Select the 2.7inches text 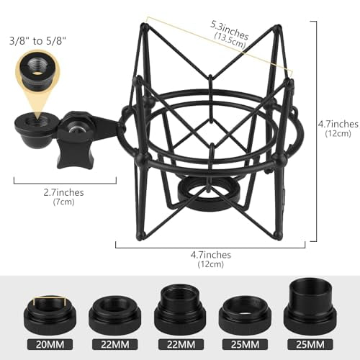click(x=63, y=192)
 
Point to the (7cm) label click(x=63, y=203)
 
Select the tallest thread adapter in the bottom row click(x=311, y=305)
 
